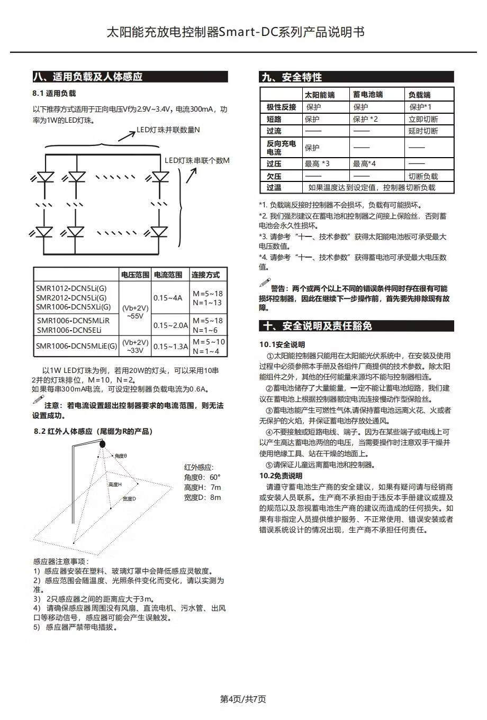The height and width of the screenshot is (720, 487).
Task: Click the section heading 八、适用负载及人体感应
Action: pyautogui.click(x=88, y=77)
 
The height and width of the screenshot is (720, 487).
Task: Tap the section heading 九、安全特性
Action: pyautogui.click(x=292, y=77)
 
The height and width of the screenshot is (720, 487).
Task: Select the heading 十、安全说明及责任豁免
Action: pyautogui.click(x=317, y=326)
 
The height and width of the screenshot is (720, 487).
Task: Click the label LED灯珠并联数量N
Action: pyautogui.click(x=168, y=130)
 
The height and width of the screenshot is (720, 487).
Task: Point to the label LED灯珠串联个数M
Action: pyautogui.click(x=196, y=160)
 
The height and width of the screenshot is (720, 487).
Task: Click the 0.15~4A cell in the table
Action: pyautogui.click(x=168, y=298)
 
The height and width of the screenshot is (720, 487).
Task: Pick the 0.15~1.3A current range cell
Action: pyautogui.click(x=170, y=347)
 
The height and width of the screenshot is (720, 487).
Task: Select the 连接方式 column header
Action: pyautogui.click(x=206, y=275)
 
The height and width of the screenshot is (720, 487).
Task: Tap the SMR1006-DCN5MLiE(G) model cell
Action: pyautogui.click(x=77, y=347)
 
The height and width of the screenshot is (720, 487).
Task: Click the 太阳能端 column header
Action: pyautogui.click(x=319, y=95)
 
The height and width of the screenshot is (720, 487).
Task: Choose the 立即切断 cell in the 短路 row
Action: pyautogui.click(x=423, y=119)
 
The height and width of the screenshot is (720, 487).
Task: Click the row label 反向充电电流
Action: pyautogui.click(x=281, y=148)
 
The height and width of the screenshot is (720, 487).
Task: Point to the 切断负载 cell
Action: pyautogui.click(x=423, y=176)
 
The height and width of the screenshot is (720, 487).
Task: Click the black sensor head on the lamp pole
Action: pyautogui.click(x=102, y=444)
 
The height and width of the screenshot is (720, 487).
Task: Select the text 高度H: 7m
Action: pyautogui.click(x=202, y=487)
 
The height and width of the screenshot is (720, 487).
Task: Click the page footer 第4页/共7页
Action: pyautogui.click(x=243, y=699)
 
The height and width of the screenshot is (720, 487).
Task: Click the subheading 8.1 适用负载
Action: pyautogui.click(x=54, y=93)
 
